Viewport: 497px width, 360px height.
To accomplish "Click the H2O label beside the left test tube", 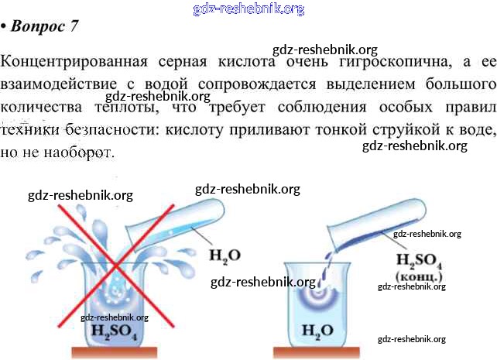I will (x=224, y=254).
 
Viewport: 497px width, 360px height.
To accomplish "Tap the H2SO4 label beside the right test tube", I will (x=419, y=259).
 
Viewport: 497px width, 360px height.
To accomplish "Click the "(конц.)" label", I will (x=419, y=275).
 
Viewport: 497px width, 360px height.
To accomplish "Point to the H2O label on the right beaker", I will (x=317, y=333).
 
